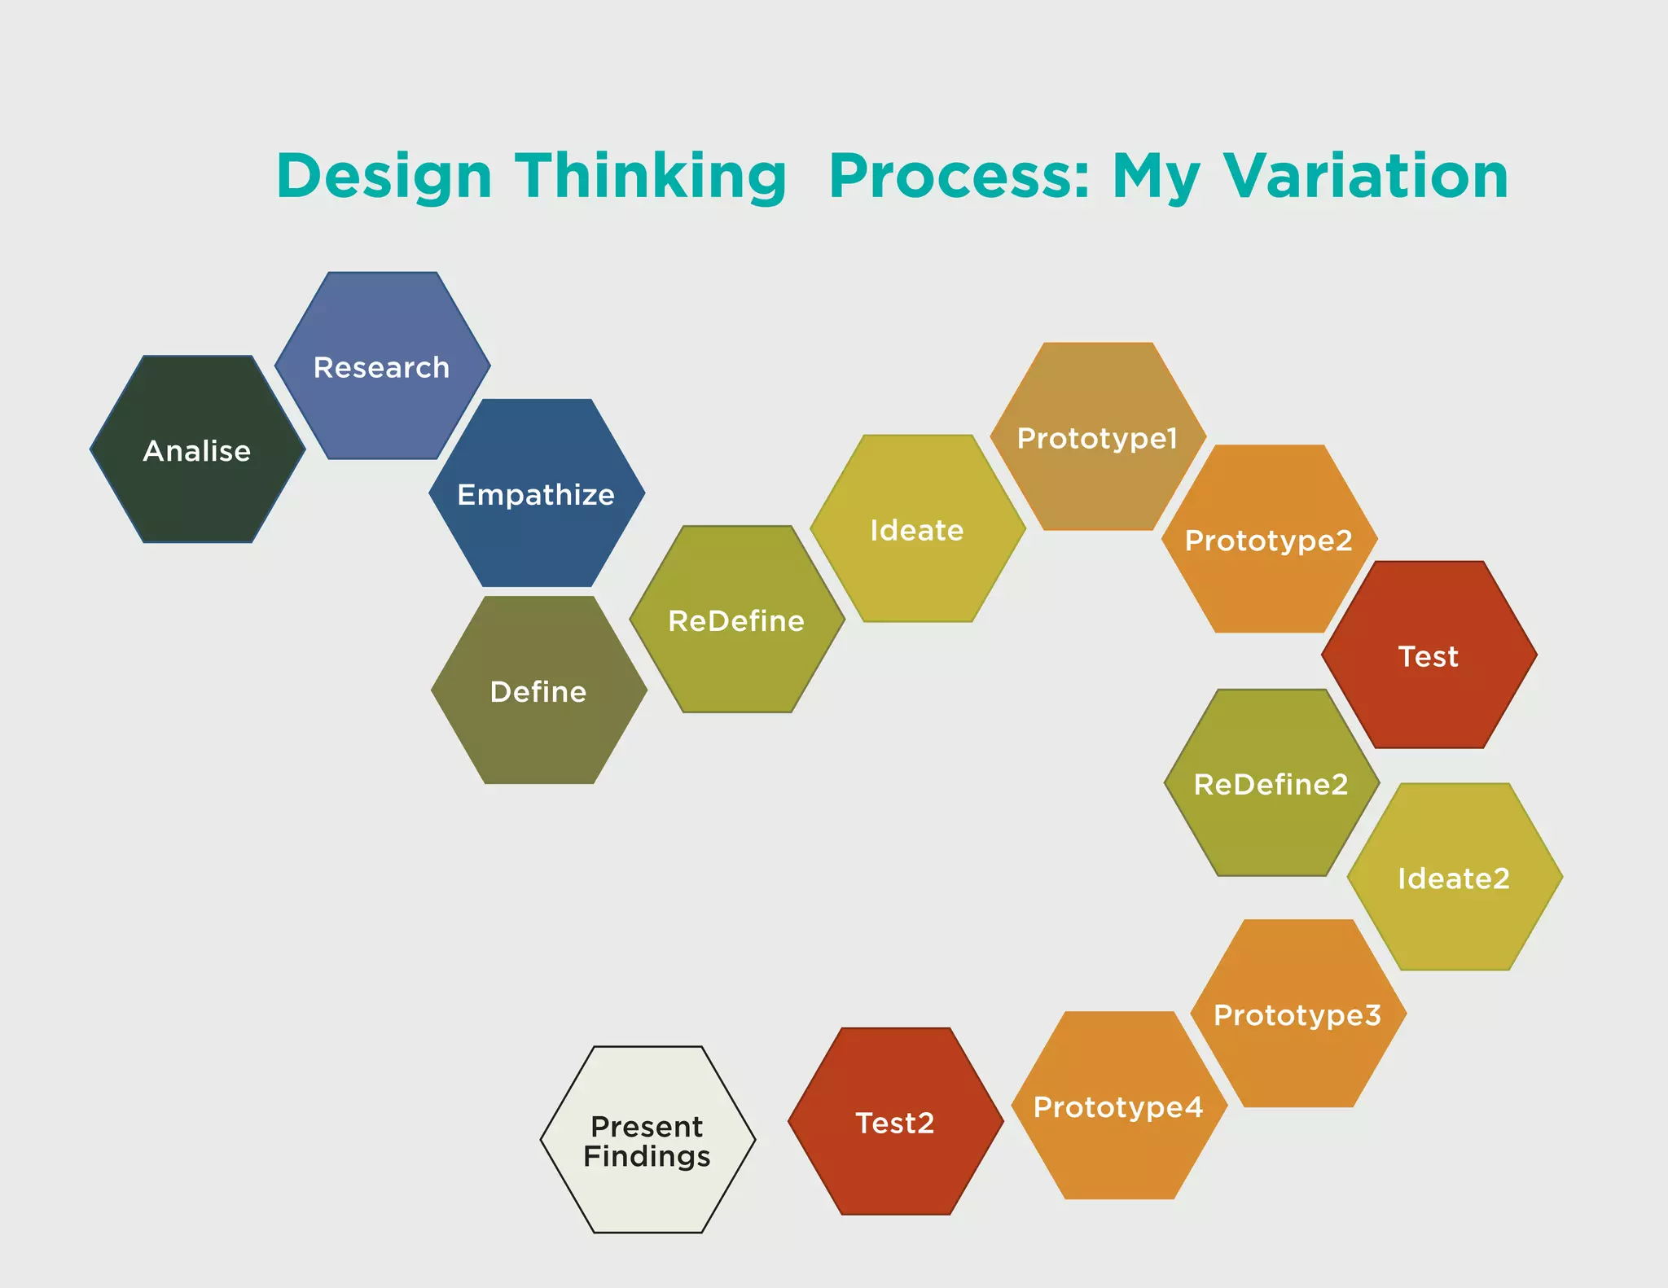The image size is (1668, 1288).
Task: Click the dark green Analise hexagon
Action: (197, 449)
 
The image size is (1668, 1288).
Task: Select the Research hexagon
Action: (382, 366)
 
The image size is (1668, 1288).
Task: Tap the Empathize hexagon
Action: (536, 493)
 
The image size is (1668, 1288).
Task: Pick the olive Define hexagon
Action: (538, 690)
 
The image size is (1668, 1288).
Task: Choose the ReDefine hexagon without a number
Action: (736, 620)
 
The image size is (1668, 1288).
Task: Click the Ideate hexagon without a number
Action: (917, 529)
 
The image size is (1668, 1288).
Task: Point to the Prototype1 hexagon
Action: (1098, 437)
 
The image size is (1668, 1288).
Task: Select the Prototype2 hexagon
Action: (1269, 539)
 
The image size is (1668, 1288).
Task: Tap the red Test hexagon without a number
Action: (1429, 655)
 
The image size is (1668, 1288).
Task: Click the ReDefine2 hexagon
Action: (1271, 783)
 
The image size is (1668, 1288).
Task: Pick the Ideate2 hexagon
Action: (1454, 878)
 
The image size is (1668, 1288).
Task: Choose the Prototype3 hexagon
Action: (1297, 1014)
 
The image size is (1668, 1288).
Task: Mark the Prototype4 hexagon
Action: (1118, 1106)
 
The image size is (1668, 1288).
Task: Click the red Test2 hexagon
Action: (895, 1122)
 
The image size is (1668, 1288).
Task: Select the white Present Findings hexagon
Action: (647, 1140)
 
